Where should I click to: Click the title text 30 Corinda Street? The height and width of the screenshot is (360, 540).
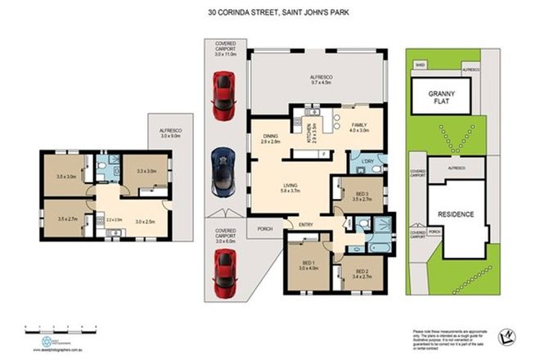point(269,12)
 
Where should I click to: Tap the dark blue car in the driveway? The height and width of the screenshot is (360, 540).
point(223,171)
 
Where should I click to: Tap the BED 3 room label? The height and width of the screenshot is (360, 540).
point(349,195)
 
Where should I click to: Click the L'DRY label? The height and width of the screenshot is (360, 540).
point(368,161)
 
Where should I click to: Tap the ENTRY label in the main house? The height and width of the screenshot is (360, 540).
point(305,224)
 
